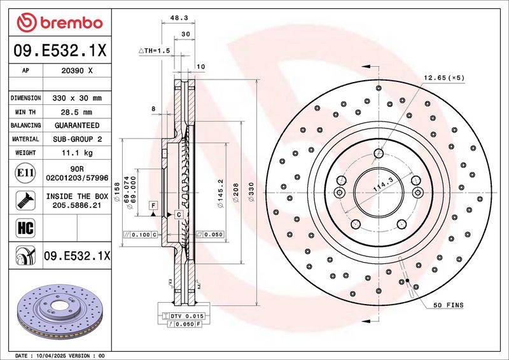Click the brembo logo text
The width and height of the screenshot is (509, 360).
tap(71, 23)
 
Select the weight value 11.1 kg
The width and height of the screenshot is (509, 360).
tap(77, 153)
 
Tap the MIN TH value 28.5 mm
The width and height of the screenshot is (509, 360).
tap(76, 113)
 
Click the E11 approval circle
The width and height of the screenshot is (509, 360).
tap(25, 173)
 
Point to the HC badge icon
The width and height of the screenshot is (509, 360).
tap(25, 228)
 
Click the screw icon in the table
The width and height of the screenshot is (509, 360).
tap(25, 200)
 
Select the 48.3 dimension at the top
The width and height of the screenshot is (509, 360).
tap(179, 18)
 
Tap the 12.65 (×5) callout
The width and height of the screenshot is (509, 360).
tap(444, 78)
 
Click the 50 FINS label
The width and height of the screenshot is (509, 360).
tap(449, 305)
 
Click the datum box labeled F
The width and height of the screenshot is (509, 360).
tap(153, 205)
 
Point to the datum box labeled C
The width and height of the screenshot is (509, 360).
tap(179, 214)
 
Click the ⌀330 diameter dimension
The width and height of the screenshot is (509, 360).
tap(251, 191)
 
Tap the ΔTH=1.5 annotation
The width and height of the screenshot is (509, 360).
tap(154, 51)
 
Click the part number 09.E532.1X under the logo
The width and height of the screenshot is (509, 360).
tap(60, 50)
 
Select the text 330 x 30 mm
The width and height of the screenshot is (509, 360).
tap(77, 98)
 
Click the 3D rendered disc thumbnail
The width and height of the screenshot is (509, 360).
tap(60, 312)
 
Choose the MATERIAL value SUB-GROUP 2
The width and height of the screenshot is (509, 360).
tap(77, 139)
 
